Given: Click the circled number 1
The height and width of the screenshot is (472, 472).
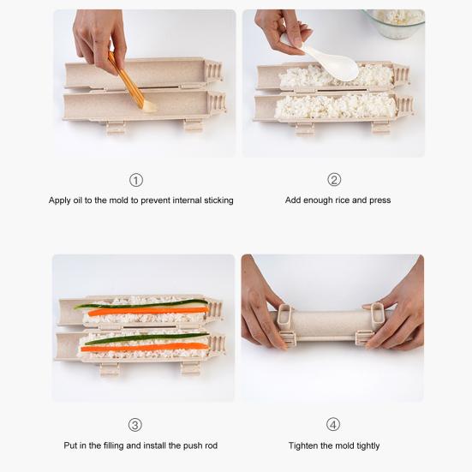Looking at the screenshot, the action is click(136, 180).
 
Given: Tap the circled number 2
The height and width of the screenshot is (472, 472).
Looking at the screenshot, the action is click(334, 180).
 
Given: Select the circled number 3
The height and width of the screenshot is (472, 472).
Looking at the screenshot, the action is click(134, 425).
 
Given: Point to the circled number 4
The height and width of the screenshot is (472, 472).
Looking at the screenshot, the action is click(333, 424).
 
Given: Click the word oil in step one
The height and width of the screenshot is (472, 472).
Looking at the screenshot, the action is click(77, 200).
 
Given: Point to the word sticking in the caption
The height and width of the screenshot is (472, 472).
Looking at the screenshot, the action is click(218, 200).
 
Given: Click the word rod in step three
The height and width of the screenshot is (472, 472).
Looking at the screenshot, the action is click(211, 445).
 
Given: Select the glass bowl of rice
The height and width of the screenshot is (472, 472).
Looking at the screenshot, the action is click(394, 23).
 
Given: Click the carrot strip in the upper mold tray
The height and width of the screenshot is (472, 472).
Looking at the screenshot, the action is click(148, 311).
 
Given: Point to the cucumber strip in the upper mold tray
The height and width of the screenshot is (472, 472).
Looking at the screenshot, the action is click(140, 304).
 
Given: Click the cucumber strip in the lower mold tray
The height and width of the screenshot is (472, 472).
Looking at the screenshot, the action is click(146, 338).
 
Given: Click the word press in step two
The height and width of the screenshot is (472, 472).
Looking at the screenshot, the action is click(379, 200).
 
